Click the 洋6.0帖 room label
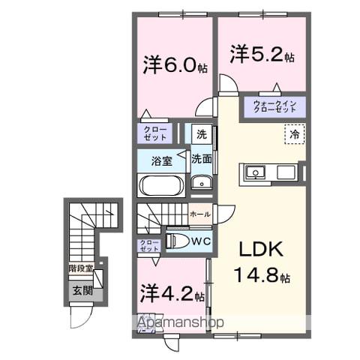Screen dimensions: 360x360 172,65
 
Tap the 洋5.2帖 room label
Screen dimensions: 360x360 262,54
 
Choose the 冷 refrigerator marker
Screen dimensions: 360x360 295,135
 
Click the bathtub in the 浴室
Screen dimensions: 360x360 161,185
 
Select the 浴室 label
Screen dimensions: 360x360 160,160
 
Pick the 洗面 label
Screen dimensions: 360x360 200,159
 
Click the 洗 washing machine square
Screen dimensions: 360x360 200,135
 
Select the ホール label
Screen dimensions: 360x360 199,214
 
